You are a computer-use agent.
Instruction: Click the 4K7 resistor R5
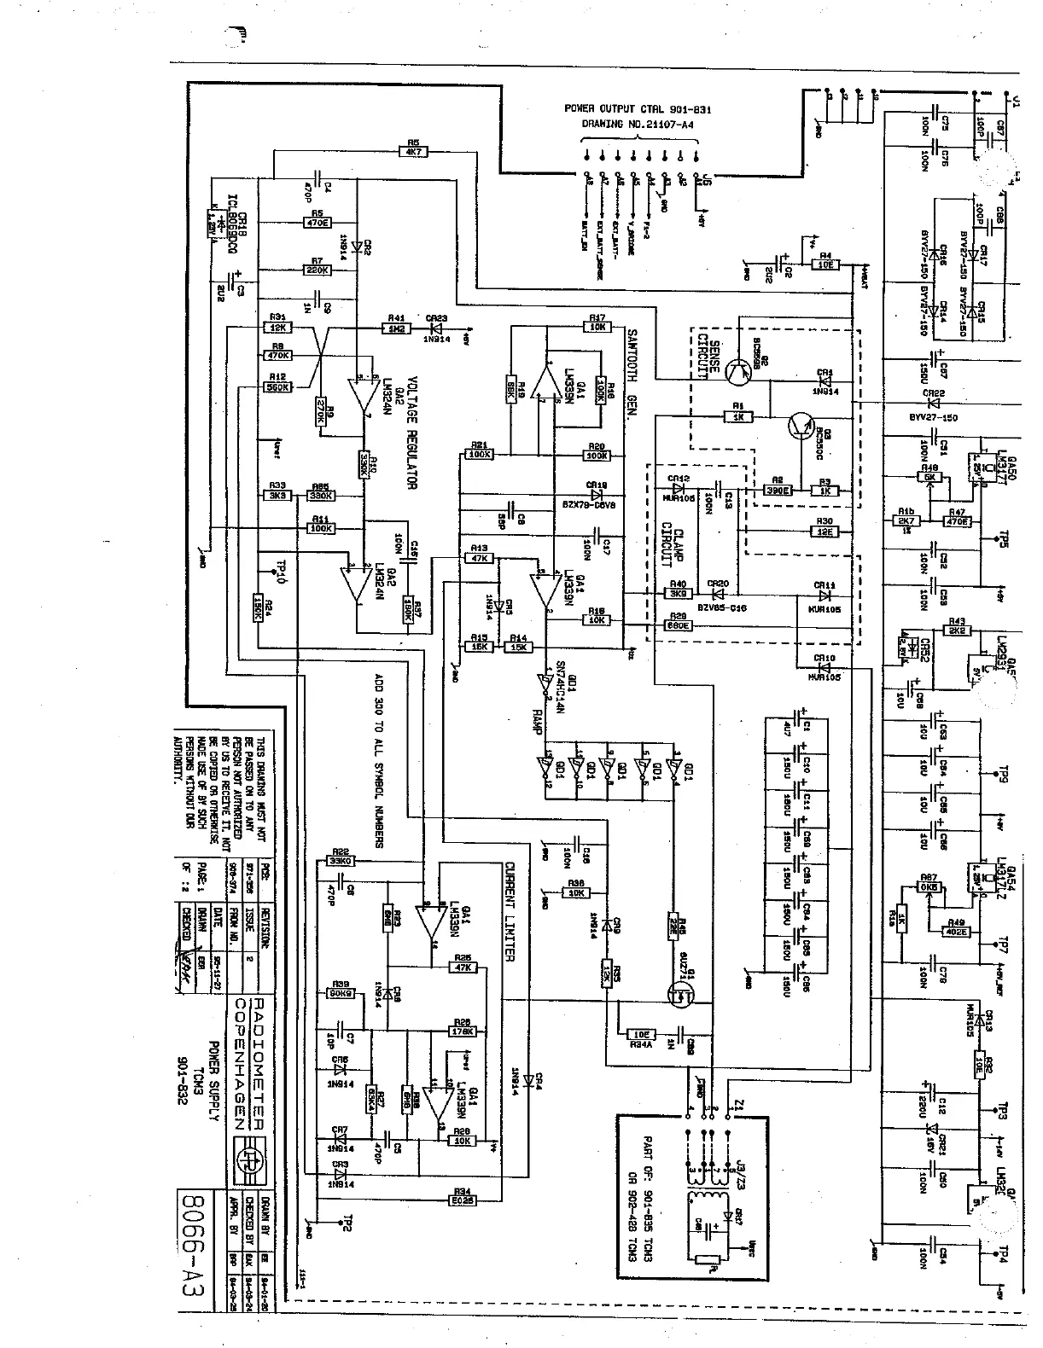tap(413, 151)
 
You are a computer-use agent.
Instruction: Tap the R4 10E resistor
tap(824, 264)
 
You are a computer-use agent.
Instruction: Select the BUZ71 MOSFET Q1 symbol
tap(682, 991)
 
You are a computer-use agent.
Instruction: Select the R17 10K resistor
tap(597, 326)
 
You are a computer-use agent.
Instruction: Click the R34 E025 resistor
tap(462, 1196)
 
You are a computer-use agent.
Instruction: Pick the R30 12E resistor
tap(824, 531)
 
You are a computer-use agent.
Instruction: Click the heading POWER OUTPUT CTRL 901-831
tap(638, 109)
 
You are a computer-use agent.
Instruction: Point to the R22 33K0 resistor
tap(341, 860)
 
